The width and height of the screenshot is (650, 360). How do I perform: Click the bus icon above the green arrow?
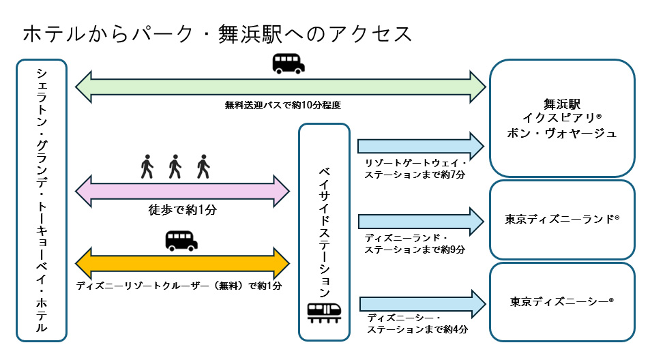coord(289,63)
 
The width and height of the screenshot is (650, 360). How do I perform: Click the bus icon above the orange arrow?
coord(181,241)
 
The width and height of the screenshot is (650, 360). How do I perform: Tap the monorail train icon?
coord(325,312)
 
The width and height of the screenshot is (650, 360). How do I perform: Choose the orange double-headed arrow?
coord(183,262)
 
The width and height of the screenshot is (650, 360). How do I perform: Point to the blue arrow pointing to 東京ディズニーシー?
coord(422,301)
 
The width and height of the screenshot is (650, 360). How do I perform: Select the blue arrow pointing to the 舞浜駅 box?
coord(420,145)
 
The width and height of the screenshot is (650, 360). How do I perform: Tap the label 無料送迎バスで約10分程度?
coord(282,105)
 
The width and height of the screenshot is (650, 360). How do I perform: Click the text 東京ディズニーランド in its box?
coord(561,220)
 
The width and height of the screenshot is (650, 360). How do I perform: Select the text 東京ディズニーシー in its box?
coord(561,300)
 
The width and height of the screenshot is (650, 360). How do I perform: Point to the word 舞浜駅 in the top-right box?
coord(561,105)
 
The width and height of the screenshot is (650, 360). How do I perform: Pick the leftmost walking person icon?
coord(147,166)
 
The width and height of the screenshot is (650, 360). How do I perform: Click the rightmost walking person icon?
coord(203,166)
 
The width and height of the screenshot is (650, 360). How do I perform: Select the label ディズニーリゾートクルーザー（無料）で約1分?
coord(179,285)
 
